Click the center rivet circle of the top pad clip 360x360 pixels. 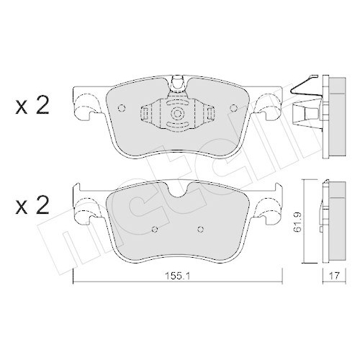pyautogui.click(x=176, y=114)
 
